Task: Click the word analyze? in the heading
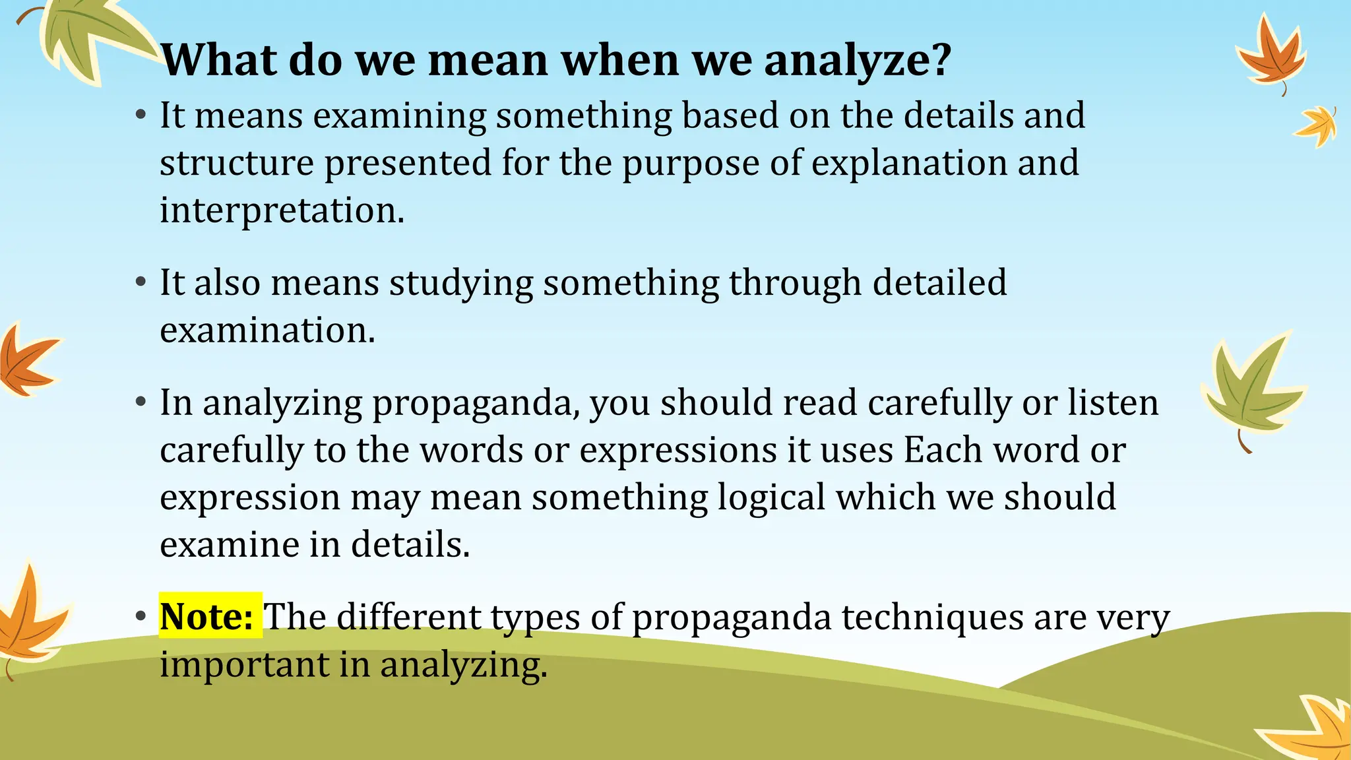pos(858,61)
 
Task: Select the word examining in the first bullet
pos(399,116)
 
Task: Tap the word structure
pos(237,163)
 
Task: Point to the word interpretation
pos(282,210)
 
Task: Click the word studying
pos(460,284)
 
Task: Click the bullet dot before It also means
pos(140,283)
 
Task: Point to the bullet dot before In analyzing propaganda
pos(140,402)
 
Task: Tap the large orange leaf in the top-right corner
pos(1270,56)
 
